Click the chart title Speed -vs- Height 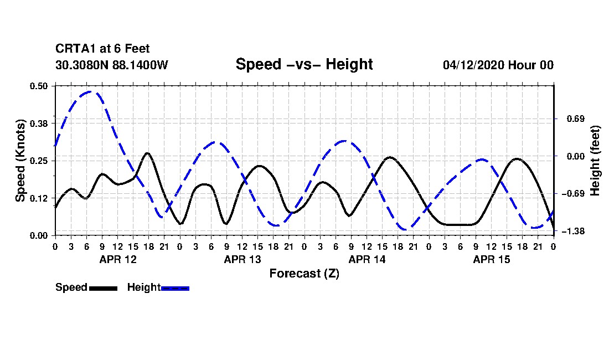click(304, 64)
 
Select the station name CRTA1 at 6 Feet click(102, 49)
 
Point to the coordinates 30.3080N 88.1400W click(112, 65)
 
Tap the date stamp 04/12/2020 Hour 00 click(498, 65)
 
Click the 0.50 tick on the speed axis click(38, 86)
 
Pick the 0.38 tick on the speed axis click(38, 124)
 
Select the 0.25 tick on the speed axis click(38, 161)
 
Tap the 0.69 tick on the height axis click(576, 119)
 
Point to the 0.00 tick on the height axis click(576, 157)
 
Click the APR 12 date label click(118, 260)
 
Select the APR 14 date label click(367, 260)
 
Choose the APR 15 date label click(491, 260)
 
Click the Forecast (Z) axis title click(304, 274)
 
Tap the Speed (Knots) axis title click(20, 161)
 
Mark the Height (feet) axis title click(595, 161)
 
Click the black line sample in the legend click(104, 289)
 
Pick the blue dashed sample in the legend click(175, 289)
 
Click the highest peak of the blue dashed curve click(90, 91)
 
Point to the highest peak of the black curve click(147, 153)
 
